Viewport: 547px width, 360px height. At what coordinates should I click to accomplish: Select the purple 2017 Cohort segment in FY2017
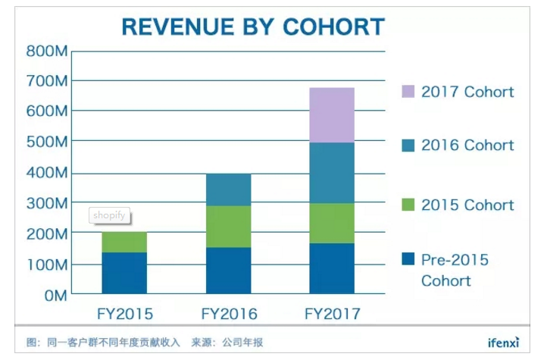[x=331, y=115]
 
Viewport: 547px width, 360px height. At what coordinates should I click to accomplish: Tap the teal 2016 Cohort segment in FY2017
[x=331, y=173]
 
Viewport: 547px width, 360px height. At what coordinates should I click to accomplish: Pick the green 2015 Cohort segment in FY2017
[x=331, y=224]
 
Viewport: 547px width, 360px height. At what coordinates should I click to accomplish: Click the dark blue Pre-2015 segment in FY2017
[x=331, y=268]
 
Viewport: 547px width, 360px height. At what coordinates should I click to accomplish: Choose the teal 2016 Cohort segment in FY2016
[x=228, y=189]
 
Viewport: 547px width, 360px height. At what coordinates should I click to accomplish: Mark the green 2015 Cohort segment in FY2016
[x=228, y=227]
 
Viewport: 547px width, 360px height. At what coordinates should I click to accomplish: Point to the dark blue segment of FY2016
[x=228, y=271]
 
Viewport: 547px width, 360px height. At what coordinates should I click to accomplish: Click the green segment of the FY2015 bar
[x=124, y=243]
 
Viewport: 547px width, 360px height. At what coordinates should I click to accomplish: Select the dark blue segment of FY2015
[x=124, y=273]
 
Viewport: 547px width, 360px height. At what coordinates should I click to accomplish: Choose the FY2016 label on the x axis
[x=229, y=314]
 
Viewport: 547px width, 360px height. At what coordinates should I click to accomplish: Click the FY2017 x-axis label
[x=332, y=314]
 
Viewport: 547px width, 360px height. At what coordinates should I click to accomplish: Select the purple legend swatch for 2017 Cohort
[x=406, y=92]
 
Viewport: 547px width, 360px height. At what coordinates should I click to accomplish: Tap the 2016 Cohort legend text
[x=467, y=146]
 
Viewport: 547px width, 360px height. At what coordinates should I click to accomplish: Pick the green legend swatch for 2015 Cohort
[x=406, y=205]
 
